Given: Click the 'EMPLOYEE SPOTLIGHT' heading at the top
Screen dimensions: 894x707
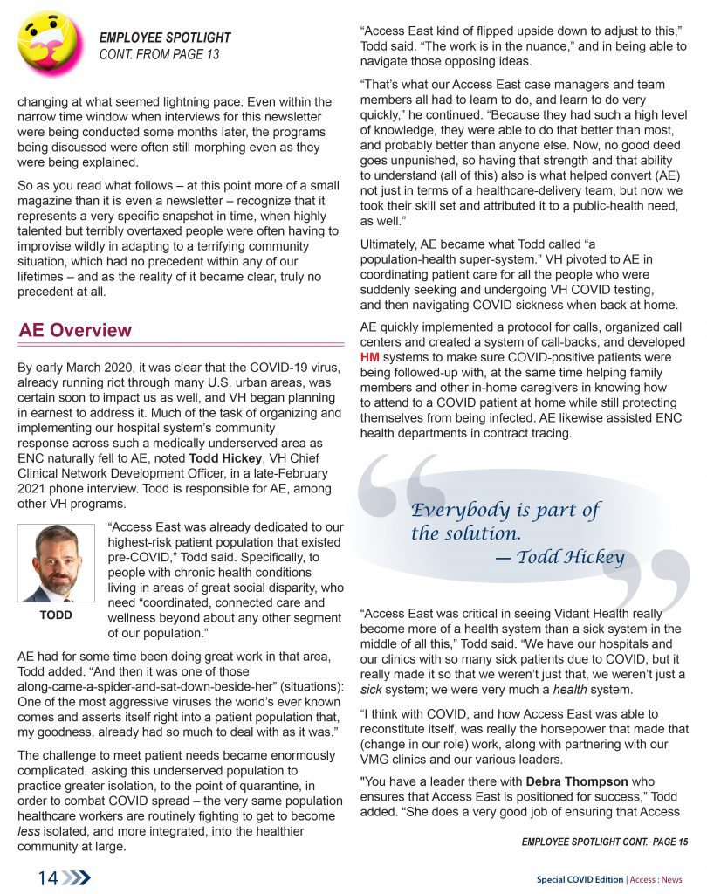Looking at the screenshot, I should (165, 38).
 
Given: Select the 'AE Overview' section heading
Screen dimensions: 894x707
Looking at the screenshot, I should (75, 330).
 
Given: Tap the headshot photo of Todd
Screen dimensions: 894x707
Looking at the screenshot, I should (56, 564).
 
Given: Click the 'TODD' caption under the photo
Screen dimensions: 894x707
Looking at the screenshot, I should (56, 615).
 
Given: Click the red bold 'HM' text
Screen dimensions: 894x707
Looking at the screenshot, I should (370, 357).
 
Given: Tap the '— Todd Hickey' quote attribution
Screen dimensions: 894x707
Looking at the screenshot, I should (559, 557).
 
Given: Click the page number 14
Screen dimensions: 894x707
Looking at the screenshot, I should (47, 878).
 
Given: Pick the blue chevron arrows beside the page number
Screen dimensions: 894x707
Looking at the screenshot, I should (77, 878).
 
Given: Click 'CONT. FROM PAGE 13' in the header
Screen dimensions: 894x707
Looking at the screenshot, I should (159, 54).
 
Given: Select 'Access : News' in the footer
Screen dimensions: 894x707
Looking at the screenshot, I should (656, 879).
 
